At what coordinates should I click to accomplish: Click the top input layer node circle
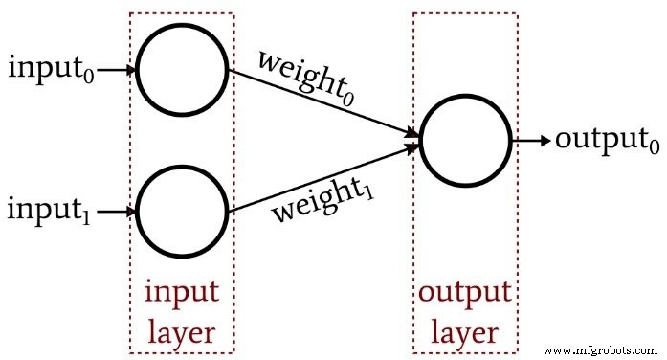pos(182,70)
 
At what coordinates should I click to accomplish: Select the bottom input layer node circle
pos(182,209)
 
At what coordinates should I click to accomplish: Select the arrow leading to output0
pos(531,140)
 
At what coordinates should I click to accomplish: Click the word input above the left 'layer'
pos(182,291)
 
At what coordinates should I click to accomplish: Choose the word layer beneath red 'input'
pos(182,331)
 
